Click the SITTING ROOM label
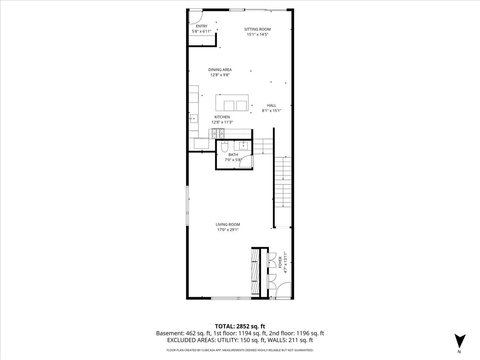pos(257,29)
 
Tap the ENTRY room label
pos(202,26)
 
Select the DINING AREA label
pos(220,70)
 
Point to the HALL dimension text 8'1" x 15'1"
pos(271,111)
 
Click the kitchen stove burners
pos(218,134)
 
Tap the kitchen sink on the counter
pos(194,119)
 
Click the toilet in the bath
pos(224,146)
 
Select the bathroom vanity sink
pos(243,145)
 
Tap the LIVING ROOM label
pos(228,224)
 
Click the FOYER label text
pos(280,262)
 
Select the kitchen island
pos(232,103)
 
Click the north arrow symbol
pos(460,341)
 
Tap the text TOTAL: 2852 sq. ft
pos(240,326)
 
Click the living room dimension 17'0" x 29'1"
pos(228,230)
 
